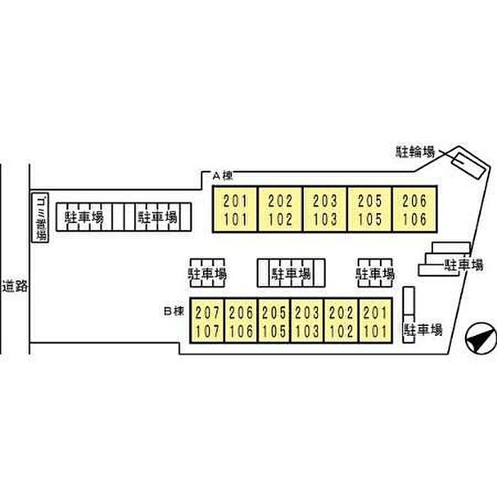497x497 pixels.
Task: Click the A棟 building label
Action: tap(222, 175)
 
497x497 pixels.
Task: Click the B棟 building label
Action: tap(174, 311)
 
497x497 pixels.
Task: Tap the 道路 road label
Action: tap(15, 286)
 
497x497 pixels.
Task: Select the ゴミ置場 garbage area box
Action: tap(40, 218)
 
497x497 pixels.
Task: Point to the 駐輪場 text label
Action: tap(415, 152)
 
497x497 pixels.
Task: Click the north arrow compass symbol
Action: tap(481, 339)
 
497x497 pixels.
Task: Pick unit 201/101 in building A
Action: tap(234, 209)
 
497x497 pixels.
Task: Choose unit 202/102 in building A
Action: tap(280, 209)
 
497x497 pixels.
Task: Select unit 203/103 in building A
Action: tap(325, 209)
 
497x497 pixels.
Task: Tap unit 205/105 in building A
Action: tap(370, 209)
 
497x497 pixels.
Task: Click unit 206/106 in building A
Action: tap(415, 209)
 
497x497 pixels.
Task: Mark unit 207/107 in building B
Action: tap(207, 320)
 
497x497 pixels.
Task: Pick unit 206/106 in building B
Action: tap(241, 320)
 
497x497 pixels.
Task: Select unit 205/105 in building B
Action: tap(274, 320)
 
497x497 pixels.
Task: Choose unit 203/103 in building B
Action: tap(307, 320)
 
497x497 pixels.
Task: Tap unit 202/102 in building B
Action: tap(341, 320)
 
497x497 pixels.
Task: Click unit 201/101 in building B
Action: tap(376, 320)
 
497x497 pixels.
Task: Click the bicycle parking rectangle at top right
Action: tap(468, 165)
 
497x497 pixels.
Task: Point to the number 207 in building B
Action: tap(207, 313)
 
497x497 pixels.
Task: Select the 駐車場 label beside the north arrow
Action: tap(423, 329)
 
